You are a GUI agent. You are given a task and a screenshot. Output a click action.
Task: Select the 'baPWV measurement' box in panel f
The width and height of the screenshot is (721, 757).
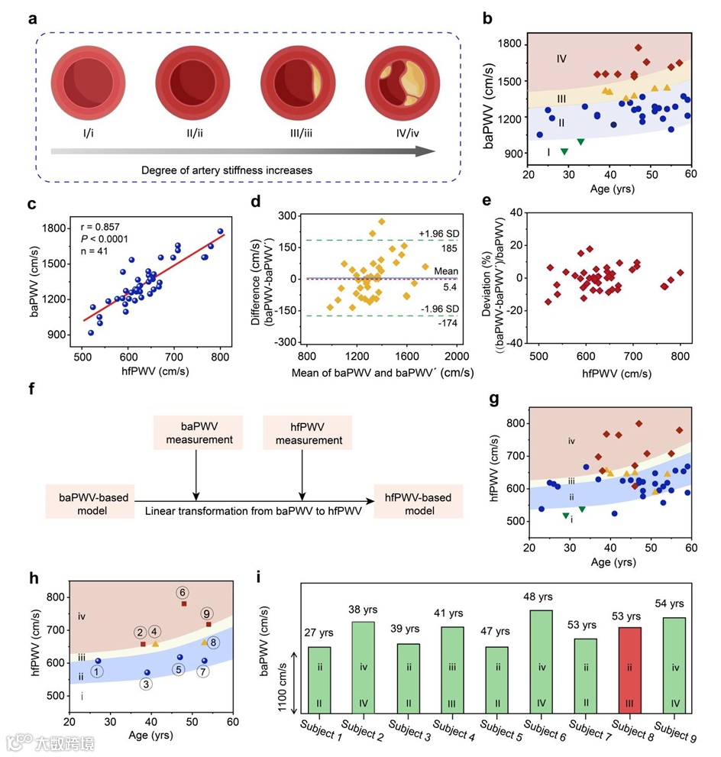pyautogui.click(x=198, y=432)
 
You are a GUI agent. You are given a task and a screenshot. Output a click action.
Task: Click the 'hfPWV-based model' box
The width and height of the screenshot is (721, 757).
pyautogui.click(x=419, y=503)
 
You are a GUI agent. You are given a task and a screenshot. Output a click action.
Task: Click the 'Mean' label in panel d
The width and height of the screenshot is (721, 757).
pyautogui.click(x=446, y=270)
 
